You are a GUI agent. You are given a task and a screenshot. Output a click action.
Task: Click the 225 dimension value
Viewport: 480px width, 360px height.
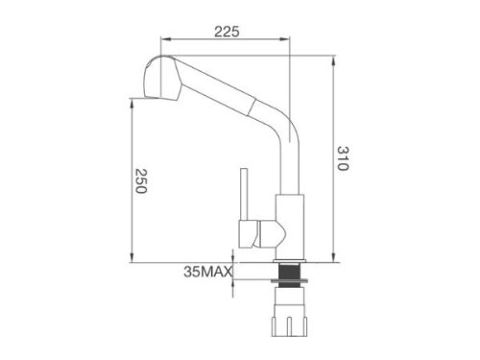pyautogui.click(x=228, y=31)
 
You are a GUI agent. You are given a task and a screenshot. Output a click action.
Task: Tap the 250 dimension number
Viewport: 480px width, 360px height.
pyautogui.click(x=138, y=182)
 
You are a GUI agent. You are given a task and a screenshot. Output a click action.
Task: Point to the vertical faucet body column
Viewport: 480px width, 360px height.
pyautogui.click(x=289, y=192)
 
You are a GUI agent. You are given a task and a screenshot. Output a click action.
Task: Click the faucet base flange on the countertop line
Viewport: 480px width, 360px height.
pyautogui.click(x=287, y=257)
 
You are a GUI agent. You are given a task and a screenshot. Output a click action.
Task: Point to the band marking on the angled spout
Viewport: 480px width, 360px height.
pyautogui.click(x=252, y=103)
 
